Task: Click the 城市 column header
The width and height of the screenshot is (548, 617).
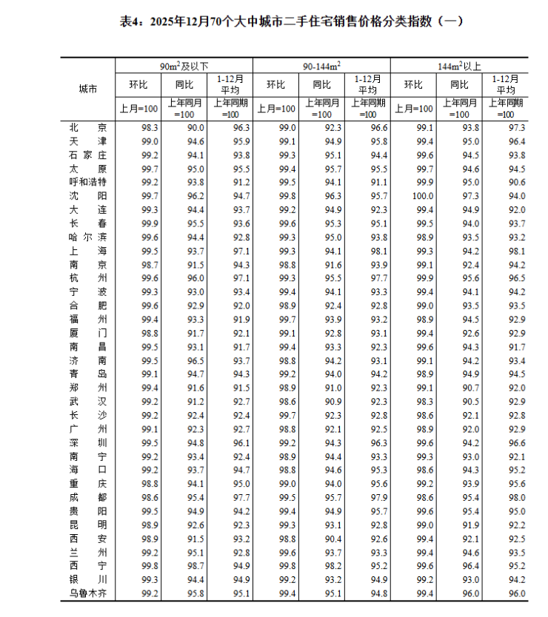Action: pyautogui.click(x=88, y=89)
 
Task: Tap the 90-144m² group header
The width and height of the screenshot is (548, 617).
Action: pyautogui.click(x=321, y=66)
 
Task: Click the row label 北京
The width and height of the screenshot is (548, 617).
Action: pyautogui.click(x=88, y=128)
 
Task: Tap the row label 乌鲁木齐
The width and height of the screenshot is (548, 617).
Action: pyautogui.click(x=88, y=593)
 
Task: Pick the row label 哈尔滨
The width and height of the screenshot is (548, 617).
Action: pyautogui.click(x=88, y=237)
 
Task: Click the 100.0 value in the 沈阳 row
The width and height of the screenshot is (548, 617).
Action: pyautogui.click(x=423, y=196)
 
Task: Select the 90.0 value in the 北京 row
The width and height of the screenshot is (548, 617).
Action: pyautogui.click(x=195, y=128)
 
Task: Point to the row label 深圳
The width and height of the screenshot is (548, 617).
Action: pyautogui.click(x=88, y=442)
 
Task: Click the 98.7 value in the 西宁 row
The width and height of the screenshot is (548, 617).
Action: pyautogui.click(x=195, y=566)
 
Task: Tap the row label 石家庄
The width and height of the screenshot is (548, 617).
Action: pyautogui.click(x=88, y=155)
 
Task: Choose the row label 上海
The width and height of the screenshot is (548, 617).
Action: pyautogui.click(x=88, y=251)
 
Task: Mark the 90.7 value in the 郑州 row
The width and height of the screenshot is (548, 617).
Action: pyautogui.click(x=471, y=388)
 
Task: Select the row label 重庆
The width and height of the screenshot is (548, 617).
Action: pyautogui.click(x=88, y=484)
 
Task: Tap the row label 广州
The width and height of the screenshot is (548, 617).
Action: pyautogui.click(x=88, y=429)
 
